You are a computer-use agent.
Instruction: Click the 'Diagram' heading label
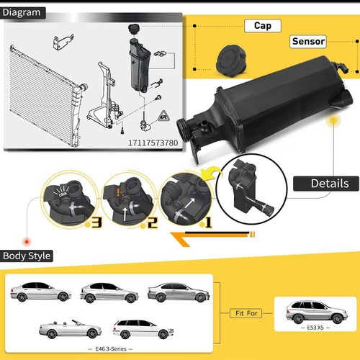[x=24, y=12]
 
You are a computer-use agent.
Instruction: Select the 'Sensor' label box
[x=308, y=42]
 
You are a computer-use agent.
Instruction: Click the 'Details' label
[x=329, y=183]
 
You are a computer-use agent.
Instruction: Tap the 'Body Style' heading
[x=27, y=256]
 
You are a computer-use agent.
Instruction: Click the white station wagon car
[x=144, y=328]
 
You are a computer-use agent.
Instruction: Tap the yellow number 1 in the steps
[x=209, y=223]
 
